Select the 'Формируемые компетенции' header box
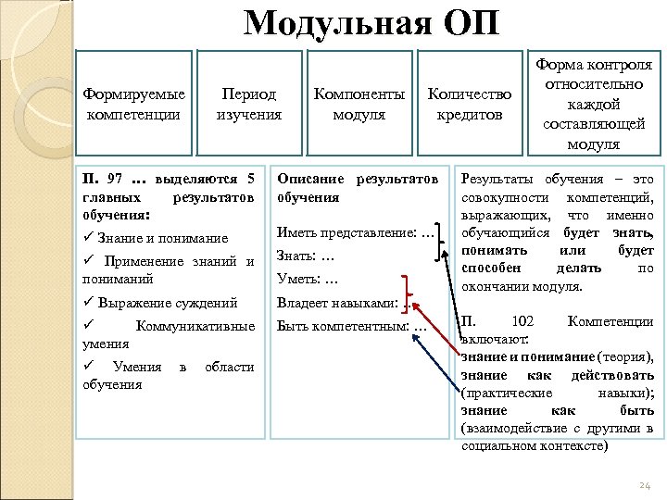133,104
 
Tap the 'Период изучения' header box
248,104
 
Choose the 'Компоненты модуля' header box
359,104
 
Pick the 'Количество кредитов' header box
469,104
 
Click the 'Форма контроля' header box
594,104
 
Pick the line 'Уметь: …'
305,279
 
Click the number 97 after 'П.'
115,178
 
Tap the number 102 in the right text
522,321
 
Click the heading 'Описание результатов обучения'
357,187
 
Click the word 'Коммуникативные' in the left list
195,325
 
